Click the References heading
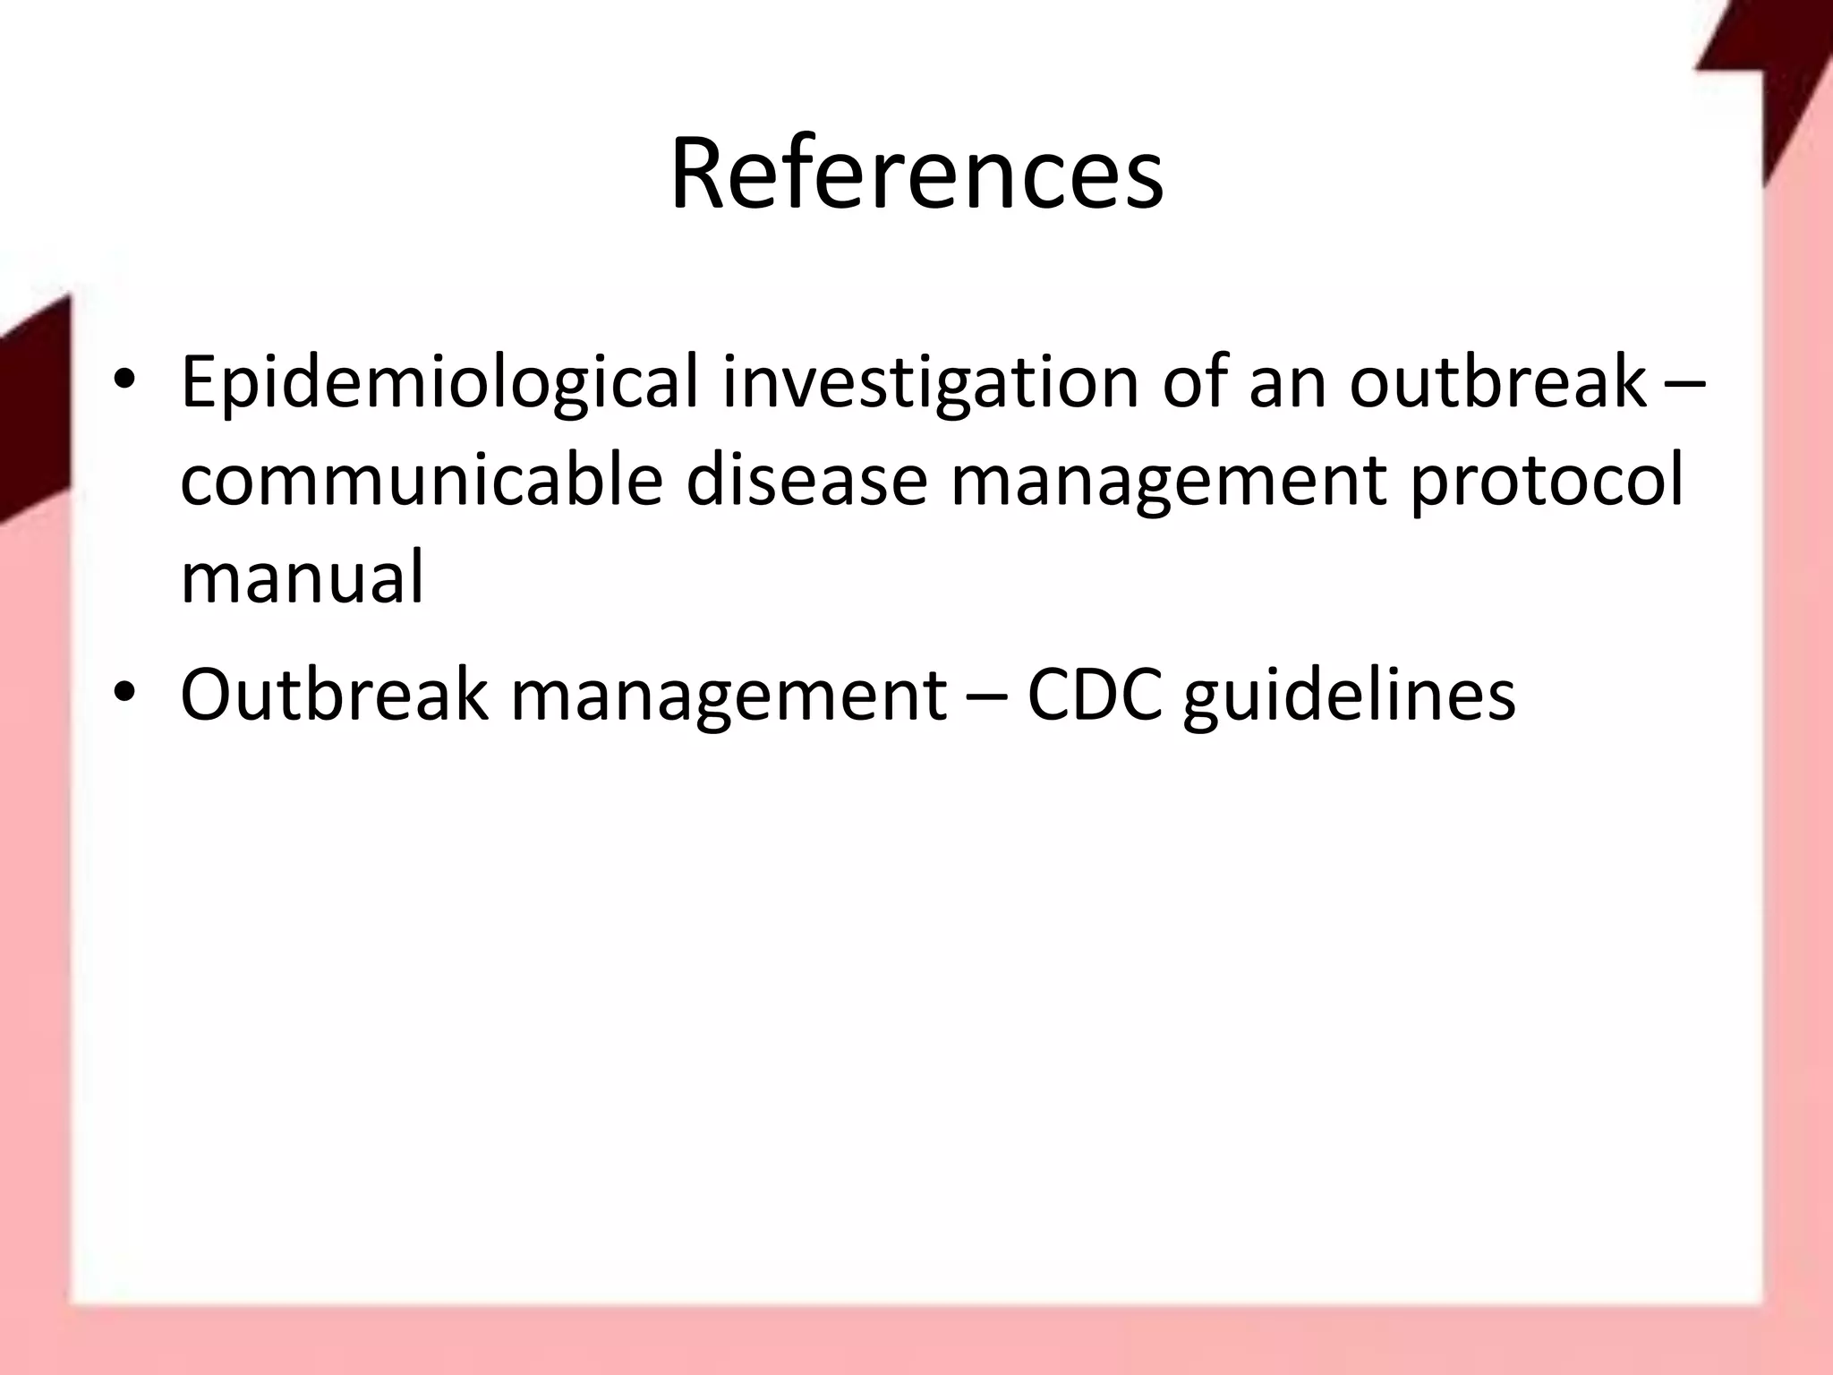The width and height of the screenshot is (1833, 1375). coord(916,175)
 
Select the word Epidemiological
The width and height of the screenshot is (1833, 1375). coord(439,383)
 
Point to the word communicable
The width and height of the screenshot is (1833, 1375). coord(422,480)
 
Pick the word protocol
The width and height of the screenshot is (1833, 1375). coord(1547,482)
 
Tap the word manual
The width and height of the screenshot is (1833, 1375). coord(302,576)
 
